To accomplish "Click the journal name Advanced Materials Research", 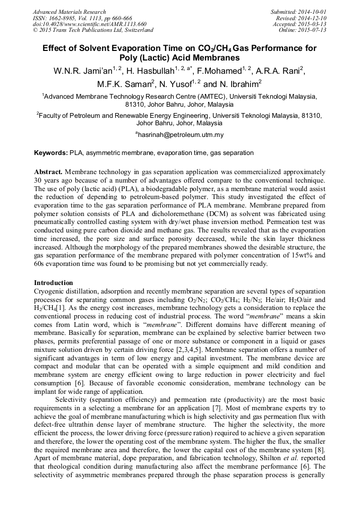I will coord(69,12).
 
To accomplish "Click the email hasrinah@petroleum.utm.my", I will coord(181,135).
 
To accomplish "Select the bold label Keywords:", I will coord(51,153).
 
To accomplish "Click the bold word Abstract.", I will coord(49,172).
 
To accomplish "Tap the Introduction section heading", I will coord(54,283).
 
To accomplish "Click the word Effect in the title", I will coord(57,48).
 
